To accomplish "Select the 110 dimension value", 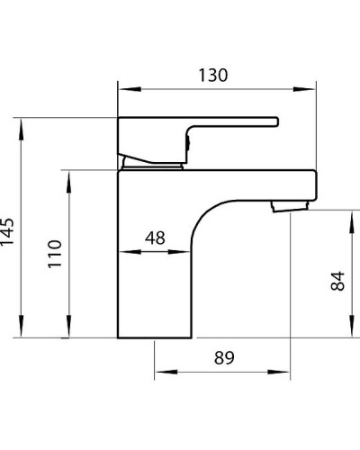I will point(53,255).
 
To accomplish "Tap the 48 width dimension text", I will point(155,238).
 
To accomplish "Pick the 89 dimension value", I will point(225,358).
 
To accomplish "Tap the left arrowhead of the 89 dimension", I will point(161,371).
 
